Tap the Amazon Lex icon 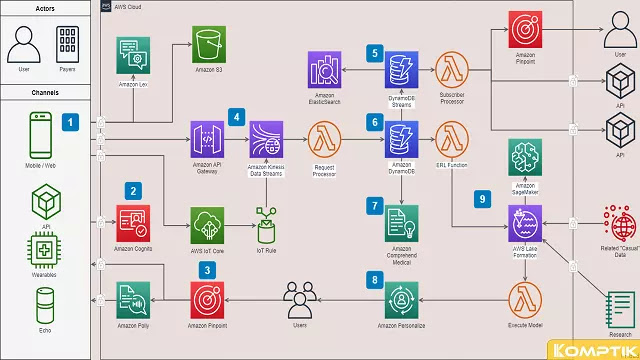[132, 53]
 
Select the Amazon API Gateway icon [205, 137]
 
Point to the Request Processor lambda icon [324, 137]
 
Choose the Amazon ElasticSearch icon [325, 72]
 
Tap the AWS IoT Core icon [206, 222]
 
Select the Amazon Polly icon [132, 297]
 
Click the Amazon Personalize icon [401, 297]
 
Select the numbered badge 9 [482, 199]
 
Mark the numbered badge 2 [132, 189]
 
